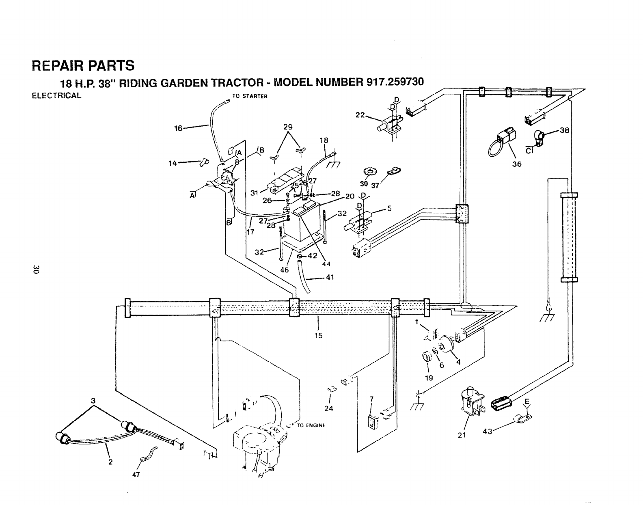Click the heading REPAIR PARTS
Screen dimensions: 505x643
(x=83, y=65)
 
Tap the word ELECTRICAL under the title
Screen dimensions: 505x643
(x=56, y=96)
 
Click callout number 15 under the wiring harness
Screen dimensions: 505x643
(x=318, y=335)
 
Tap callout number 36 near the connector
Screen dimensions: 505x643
(x=516, y=164)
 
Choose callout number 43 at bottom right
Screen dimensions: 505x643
(x=487, y=432)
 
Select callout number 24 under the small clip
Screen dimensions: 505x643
(x=328, y=408)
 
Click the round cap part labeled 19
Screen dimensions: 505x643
(x=426, y=358)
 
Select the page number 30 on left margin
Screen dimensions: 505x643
(x=37, y=270)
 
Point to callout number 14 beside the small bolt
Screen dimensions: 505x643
(x=173, y=164)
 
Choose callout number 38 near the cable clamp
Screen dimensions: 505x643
(x=564, y=131)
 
